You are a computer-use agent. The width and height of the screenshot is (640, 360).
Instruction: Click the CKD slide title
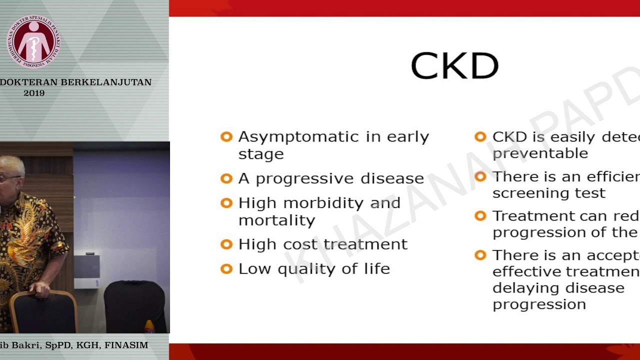[454, 66]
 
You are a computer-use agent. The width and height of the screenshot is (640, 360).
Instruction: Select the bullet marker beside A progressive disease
[226, 178]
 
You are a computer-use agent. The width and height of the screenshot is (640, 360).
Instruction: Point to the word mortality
[276, 220]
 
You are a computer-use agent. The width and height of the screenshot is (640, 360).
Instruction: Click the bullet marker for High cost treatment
[226, 244]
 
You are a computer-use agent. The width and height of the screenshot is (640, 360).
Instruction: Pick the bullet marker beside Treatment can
[480, 216]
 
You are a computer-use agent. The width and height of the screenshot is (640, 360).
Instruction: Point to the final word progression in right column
[539, 304]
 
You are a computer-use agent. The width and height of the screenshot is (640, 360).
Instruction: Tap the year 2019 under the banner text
[34, 93]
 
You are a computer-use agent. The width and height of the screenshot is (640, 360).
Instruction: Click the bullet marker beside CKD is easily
[480, 137]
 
